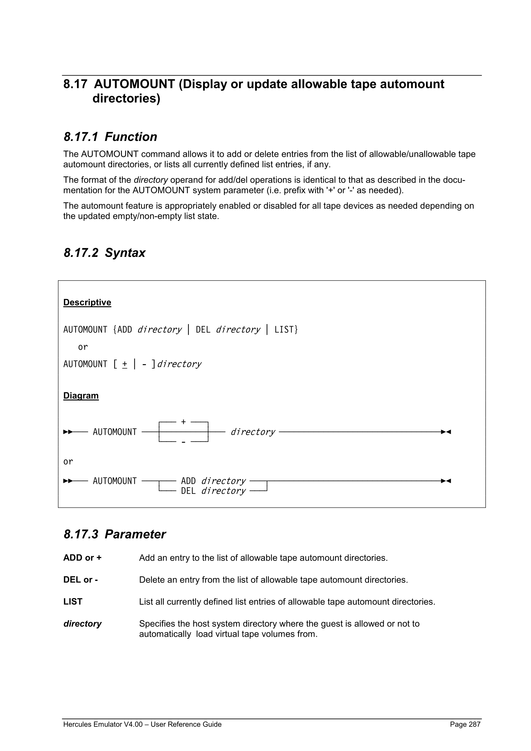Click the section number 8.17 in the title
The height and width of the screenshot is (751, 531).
coord(75,85)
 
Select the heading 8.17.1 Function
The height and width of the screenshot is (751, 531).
coord(110,137)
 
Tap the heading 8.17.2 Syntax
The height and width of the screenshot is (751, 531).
coord(104,253)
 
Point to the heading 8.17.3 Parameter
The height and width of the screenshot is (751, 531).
coord(115,534)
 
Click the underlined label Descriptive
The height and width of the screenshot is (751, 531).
coord(87,302)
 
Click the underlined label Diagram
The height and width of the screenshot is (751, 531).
coord(81,395)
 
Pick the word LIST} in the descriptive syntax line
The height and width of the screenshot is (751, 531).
coord(286,329)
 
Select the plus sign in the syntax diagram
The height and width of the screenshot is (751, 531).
coord(183,422)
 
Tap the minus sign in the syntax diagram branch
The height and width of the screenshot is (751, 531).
coord(183,442)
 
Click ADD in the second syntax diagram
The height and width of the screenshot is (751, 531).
coord(188,481)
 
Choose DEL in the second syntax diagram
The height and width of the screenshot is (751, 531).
coord(188,491)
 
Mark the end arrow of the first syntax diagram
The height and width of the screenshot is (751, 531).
coord(446,432)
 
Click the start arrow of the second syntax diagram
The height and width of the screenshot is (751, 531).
coord(68,481)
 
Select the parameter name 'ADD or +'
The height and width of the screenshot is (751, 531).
coord(82,558)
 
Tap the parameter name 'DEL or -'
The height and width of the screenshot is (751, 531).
coord(81,579)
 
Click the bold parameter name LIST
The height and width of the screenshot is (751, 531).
coord(73,602)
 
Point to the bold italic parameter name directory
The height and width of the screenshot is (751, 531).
coord(82,624)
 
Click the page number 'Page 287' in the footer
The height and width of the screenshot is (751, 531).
coord(465,724)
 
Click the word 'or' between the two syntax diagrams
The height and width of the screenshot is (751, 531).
coord(68,462)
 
